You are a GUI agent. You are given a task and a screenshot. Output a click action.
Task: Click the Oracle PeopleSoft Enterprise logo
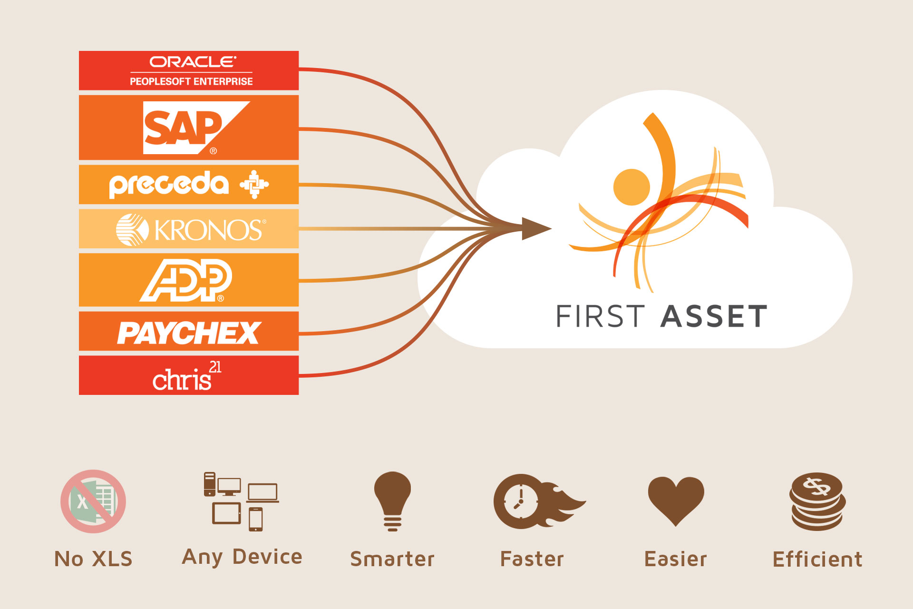[x=191, y=71]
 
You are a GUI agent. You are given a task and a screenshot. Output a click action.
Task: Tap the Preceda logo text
[x=169, y=185]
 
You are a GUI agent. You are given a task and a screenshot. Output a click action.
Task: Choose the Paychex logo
[x=189, y=333]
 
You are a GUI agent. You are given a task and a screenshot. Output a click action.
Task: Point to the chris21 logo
[x=186, y=377]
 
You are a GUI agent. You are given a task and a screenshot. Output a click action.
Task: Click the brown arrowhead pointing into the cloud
[x=535, y=229]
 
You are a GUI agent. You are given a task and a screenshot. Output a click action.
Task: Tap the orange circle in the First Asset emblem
[x=631, y=187]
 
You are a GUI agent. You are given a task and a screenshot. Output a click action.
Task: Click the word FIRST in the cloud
[x=600, y=317]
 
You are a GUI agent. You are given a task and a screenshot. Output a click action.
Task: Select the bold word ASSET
[x=713, y=317]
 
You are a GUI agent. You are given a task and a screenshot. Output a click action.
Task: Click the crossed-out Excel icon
[x=93, y=501]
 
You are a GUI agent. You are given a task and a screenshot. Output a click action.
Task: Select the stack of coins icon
[x=817, y=501]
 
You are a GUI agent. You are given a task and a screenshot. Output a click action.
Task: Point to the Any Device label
[x=242, y=557]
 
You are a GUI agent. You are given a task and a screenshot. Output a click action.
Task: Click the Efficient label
[x=817, y=560]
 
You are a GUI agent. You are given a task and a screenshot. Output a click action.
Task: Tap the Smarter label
[x=392, y=560]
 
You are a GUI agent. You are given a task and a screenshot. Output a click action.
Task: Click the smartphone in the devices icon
[x=256, y=519]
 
